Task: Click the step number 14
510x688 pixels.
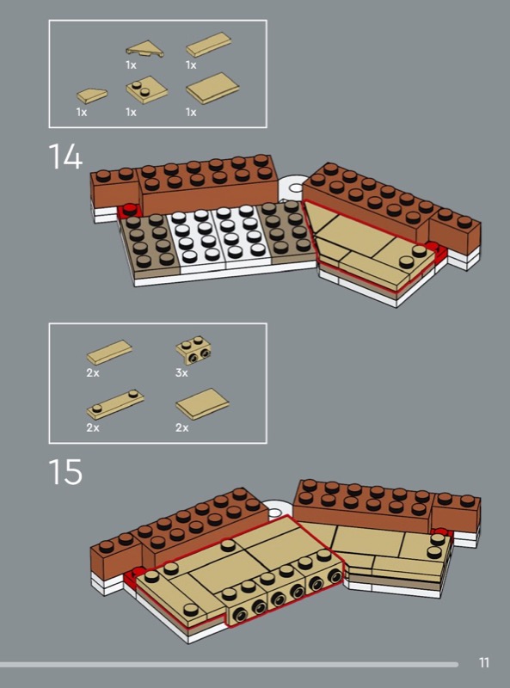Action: pos(65,157)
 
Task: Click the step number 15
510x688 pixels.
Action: pos(65,471)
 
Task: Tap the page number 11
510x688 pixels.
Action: pos(483,662)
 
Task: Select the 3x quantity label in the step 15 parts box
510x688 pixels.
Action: pos(181,373)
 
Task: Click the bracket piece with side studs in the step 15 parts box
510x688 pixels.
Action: pos(194,351)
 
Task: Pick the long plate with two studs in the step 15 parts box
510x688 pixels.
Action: pos(115,404)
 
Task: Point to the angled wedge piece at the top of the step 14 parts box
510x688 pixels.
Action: pos(144,49)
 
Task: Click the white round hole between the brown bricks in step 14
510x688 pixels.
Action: pos(296,188)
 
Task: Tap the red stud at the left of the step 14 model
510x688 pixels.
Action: pos(130,209)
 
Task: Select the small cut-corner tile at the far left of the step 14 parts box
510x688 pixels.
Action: pos(92,96)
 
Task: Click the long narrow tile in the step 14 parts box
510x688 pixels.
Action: pos(208,45)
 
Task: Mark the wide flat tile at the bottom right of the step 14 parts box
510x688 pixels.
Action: pos(212,89)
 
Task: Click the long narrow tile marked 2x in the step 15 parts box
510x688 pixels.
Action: pos(109,353)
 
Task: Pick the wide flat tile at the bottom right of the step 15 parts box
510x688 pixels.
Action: pos(202,403)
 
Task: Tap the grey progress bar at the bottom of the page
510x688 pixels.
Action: pos(229,665)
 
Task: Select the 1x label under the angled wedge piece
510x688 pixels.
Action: pos(131,65)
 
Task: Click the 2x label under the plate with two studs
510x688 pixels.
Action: pos(93,427)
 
